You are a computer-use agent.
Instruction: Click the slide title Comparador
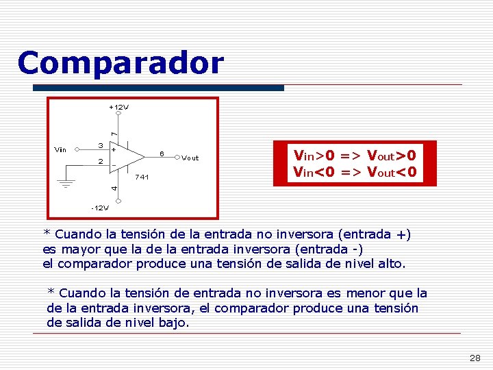pos(121,63)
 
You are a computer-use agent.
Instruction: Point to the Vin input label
pos(60,149)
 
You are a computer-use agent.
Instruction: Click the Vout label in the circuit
pos(190,158)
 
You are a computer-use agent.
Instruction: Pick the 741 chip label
pos(142,177)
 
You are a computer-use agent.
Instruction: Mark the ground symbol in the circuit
pos(66,184)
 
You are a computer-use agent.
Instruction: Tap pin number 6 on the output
pos(161,152)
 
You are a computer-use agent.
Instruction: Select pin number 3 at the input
pos(100,145)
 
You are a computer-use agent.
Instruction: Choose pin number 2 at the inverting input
pos(100,162)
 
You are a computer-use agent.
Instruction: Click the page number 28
pos(474,358)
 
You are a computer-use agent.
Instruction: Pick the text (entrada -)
pos(325,248)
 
